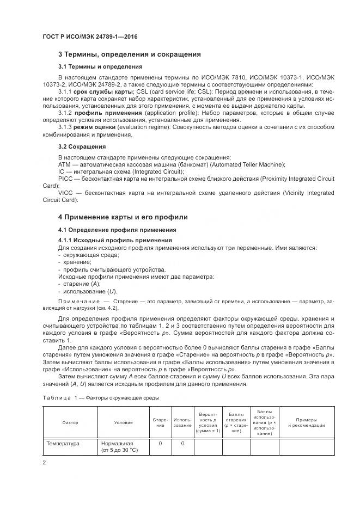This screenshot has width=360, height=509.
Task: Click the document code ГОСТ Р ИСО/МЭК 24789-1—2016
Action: tap(89, 36)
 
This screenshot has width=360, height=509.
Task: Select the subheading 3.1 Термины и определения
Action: tap(93, 66)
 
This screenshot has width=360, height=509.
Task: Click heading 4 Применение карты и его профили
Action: tap(123, 217)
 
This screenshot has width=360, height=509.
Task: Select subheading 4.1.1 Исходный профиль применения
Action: tap(115, 240)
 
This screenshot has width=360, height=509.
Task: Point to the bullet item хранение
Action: tap(77, 262)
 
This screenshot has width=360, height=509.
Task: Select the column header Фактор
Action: tap(70, 422)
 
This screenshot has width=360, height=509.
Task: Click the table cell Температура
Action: tap(63, 444)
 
